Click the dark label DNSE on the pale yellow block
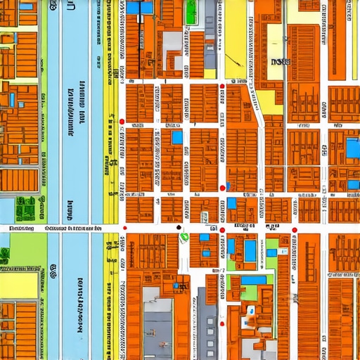tap(281, 62)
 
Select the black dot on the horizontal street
tap(179, 228)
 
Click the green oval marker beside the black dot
tap(184, 236)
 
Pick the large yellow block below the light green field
tap(18, 285)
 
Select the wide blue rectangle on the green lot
tap(253, 280)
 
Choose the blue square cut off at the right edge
tap(353, 148)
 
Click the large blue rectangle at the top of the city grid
tap(139, 7)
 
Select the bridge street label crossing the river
tap(70, 229)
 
